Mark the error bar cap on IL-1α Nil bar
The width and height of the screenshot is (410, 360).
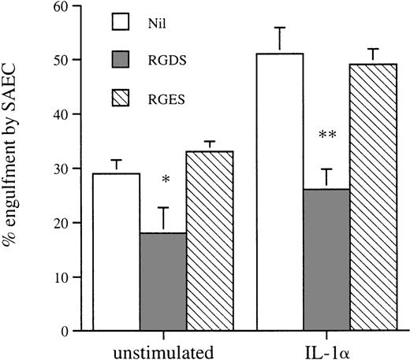[281, 28]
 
